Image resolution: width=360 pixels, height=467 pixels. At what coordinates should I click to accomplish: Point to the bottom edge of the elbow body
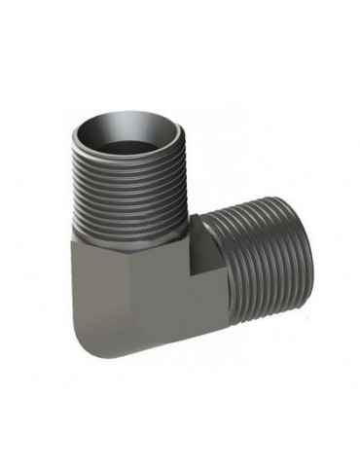pos(146,355)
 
